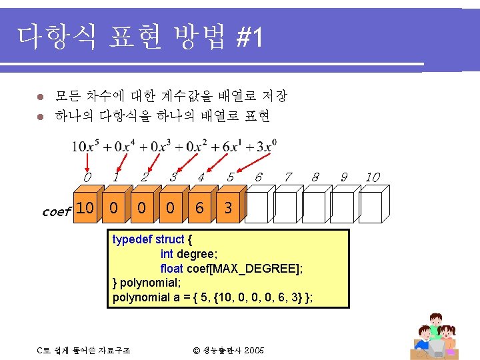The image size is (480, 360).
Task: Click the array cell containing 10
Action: [85, 208]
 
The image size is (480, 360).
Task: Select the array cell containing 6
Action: [199, 209]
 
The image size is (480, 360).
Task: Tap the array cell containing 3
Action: [228, 209]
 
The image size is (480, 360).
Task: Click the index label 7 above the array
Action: [287, 177]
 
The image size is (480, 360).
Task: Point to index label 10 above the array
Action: [373, 177]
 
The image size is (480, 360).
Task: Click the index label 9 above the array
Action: [344, 177]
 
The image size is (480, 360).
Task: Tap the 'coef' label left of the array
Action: [55, 212]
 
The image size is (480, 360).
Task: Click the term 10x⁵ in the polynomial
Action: [87, 146]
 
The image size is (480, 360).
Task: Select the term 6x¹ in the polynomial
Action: [231, 146]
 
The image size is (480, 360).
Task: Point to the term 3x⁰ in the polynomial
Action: [265, 146]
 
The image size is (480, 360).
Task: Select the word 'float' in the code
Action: [171, 268]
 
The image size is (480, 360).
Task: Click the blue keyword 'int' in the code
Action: [167, 254]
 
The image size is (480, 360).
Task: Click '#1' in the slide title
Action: [249, 39]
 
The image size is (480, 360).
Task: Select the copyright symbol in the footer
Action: [197, 349]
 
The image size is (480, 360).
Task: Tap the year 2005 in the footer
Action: [255, 349]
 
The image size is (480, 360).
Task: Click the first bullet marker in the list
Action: [40, 97]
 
